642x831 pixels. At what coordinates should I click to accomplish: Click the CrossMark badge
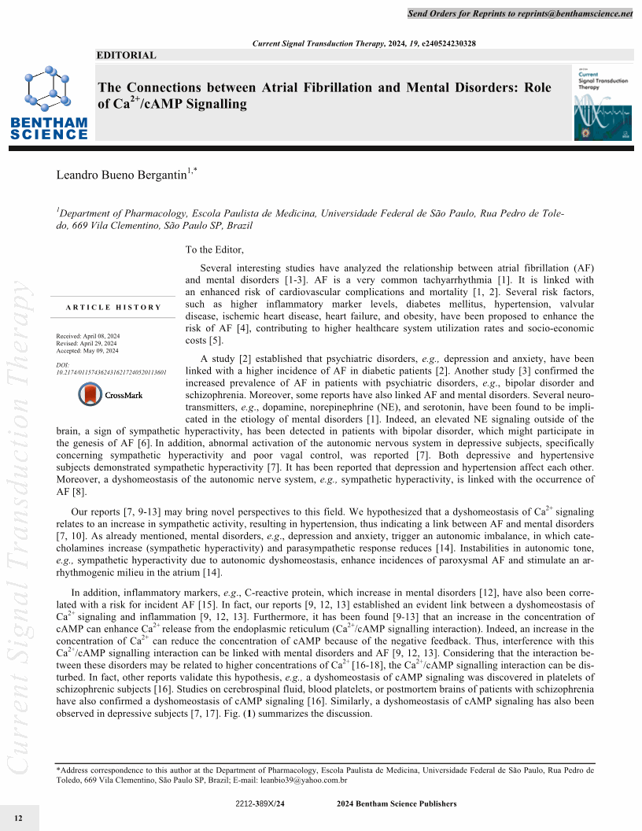[110, 394]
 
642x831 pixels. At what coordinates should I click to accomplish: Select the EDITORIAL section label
[126, 56]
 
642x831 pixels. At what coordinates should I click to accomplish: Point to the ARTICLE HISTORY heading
[113, 307]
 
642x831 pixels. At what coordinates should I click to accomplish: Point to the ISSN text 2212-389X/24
[259, 803]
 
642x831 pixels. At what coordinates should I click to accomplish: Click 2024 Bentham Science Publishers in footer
[396, 803]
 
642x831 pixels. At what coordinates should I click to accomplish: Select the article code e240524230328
[449, 42]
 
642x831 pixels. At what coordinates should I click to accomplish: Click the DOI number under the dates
[111, 372]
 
